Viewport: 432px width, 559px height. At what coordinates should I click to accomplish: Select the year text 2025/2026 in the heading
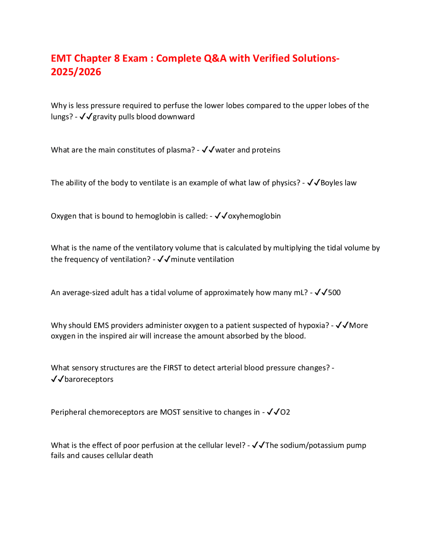76,72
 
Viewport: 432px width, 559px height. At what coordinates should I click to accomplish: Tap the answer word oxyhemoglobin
254,216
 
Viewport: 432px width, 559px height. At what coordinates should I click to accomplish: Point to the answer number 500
334,293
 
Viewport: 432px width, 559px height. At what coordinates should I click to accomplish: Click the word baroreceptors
89,379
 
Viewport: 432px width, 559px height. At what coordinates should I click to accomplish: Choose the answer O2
285,412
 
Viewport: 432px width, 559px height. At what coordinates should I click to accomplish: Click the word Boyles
332,183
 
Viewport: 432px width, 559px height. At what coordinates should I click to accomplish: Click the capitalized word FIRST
172,368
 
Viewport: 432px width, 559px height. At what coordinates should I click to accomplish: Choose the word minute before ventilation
183,260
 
